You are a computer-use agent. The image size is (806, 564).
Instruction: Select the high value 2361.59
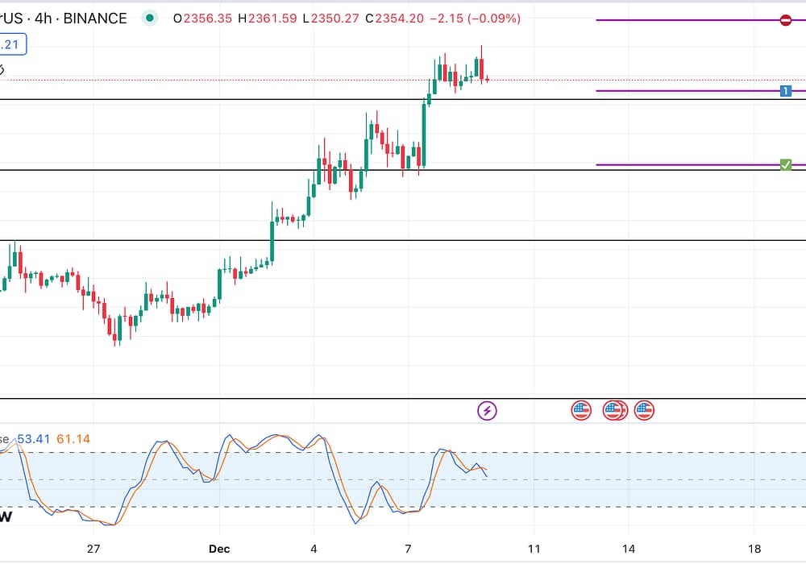click(x=270, y=18)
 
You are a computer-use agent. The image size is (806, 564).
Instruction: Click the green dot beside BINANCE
click(x=149, y=18)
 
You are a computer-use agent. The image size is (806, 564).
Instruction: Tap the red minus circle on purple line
click(x=786, y=20)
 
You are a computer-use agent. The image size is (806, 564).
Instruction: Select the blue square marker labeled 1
click(x=786, y=91)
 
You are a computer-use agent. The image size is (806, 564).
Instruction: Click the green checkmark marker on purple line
click(x=786, y=165)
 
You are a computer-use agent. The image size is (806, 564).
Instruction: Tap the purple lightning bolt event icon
click(x=487, y=411)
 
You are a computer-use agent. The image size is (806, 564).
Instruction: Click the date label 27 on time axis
click(x=93, y=549)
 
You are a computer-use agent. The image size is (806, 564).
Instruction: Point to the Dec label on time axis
click(x=218, y=549)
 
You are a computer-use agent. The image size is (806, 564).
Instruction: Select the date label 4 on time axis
click(x=314, y=549)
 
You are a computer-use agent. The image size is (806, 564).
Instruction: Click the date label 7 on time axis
click(x=409, y=549)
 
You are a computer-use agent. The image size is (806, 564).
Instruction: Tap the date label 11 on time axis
click(x=533, y=549)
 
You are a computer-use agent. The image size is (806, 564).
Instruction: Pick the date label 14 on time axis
click(x=629, y=549)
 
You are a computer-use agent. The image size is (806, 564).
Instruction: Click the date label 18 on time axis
click(x=754, y=549)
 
